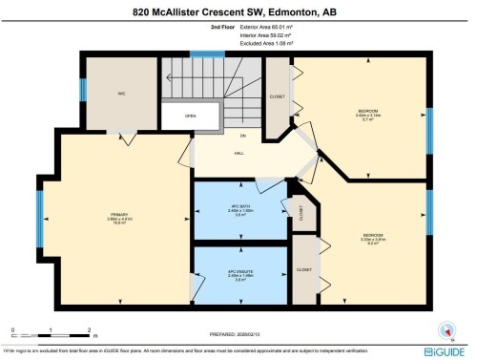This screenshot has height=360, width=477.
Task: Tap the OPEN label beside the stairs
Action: click(190, 116)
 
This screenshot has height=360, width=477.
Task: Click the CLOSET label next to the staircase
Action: click(278, 96)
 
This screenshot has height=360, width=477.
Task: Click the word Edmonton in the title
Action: click(290, 13)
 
